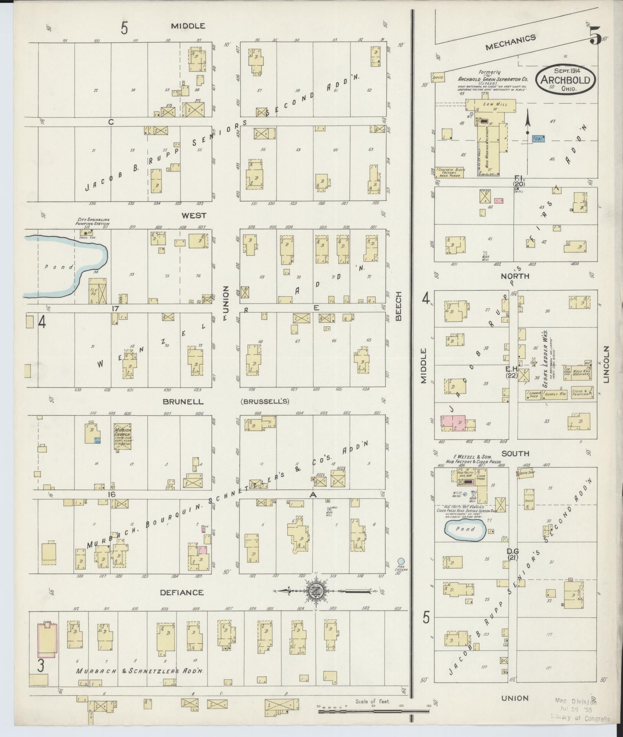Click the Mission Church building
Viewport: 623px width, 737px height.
[122, 436]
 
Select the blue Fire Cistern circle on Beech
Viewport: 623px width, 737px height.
[401, 561]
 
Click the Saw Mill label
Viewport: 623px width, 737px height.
[490, 104]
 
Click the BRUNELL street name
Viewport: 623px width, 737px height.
[183, 402]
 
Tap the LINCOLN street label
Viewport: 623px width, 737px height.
[606, 364]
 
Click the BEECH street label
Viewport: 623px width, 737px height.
[399, 306]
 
